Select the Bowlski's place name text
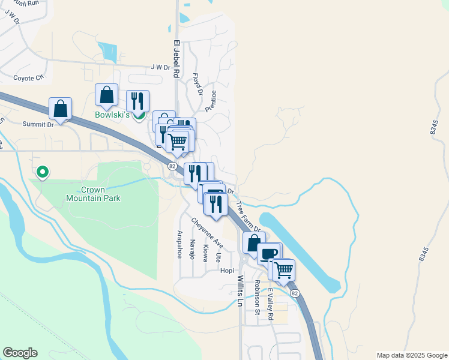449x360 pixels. point(113,115)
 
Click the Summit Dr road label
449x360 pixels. point(38,124)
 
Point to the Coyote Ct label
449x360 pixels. point(29,77)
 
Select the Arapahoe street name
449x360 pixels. point(179,244)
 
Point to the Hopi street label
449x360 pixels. point(227,271)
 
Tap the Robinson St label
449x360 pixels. point(256,298)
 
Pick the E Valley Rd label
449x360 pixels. point(270,304)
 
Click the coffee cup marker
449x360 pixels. point(268,253)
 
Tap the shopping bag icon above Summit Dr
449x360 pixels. point(60,108)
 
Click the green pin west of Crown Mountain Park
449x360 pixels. point(43,172)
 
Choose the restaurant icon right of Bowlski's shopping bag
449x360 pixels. point(137,100)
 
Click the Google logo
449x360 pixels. point(20,353)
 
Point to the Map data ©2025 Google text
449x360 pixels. point(411,355)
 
